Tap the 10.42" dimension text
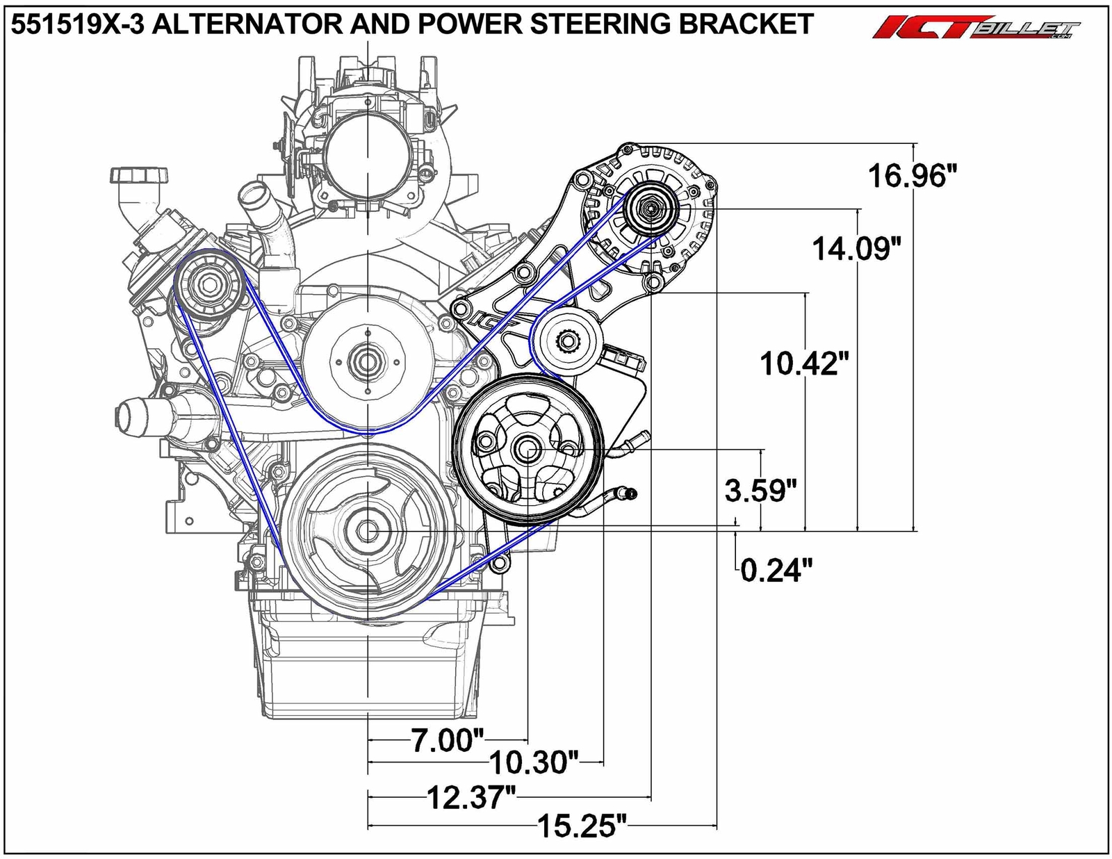tap(804, 363)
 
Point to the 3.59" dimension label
tap(760, 491)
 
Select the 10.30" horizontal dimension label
tap(534, 763)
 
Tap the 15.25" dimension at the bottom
tap(582, 827)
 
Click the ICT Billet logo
tap(976, 28)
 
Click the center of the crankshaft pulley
tap(366, 532)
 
